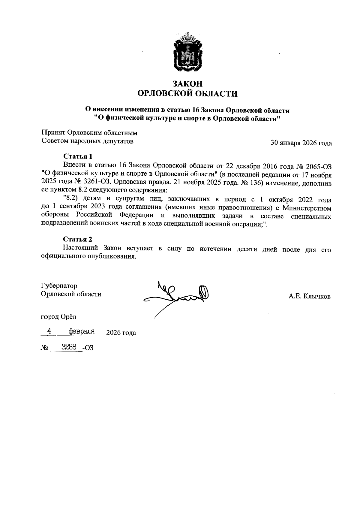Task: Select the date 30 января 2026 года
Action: [301, 143]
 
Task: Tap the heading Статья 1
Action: [77, 156]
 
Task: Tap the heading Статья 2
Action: [77, 239]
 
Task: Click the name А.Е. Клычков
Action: [310, 297]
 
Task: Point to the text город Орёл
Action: [58, 316]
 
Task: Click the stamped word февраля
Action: [82, 331]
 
